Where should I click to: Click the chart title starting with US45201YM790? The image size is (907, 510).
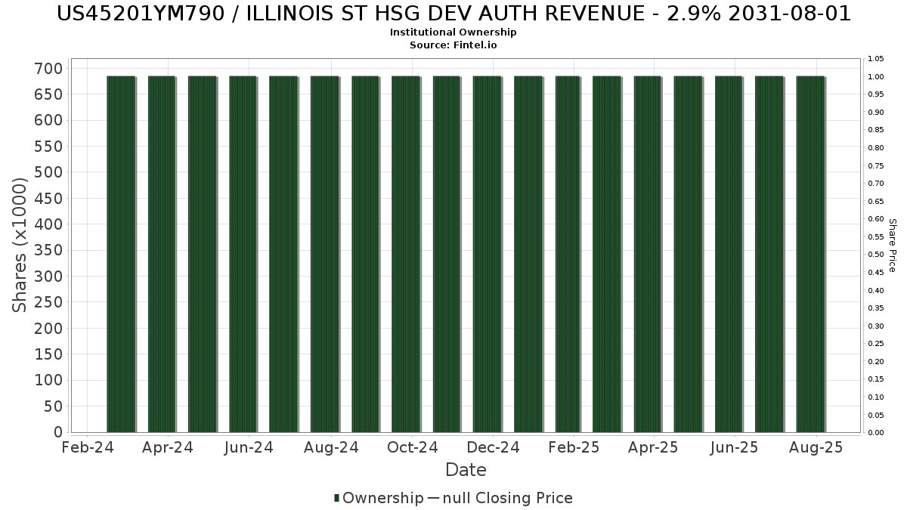(453, 14)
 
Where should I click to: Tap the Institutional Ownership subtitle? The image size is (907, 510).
(453, 32)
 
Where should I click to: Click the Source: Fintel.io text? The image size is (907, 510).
(453, 45)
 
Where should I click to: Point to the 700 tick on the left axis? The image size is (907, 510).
(48, 69)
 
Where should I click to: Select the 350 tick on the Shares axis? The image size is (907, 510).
(48, 250)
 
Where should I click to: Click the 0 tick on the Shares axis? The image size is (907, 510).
(58, 432)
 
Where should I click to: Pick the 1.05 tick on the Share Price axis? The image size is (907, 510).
(876, 59)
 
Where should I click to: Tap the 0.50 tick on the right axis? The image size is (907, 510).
(876, 255)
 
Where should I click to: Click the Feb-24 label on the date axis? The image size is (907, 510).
(88, 447)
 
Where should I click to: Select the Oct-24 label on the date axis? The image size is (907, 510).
(412, 447)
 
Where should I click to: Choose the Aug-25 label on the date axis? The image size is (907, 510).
(816, 447)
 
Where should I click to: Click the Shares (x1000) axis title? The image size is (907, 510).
(19, 246)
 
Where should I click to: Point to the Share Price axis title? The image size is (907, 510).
(892, 246)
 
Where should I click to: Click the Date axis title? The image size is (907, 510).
(466, 470)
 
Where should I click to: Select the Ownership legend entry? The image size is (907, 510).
(379, 498)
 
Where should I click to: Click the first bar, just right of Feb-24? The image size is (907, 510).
(121, 254)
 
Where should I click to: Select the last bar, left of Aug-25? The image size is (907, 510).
(810, 254)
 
